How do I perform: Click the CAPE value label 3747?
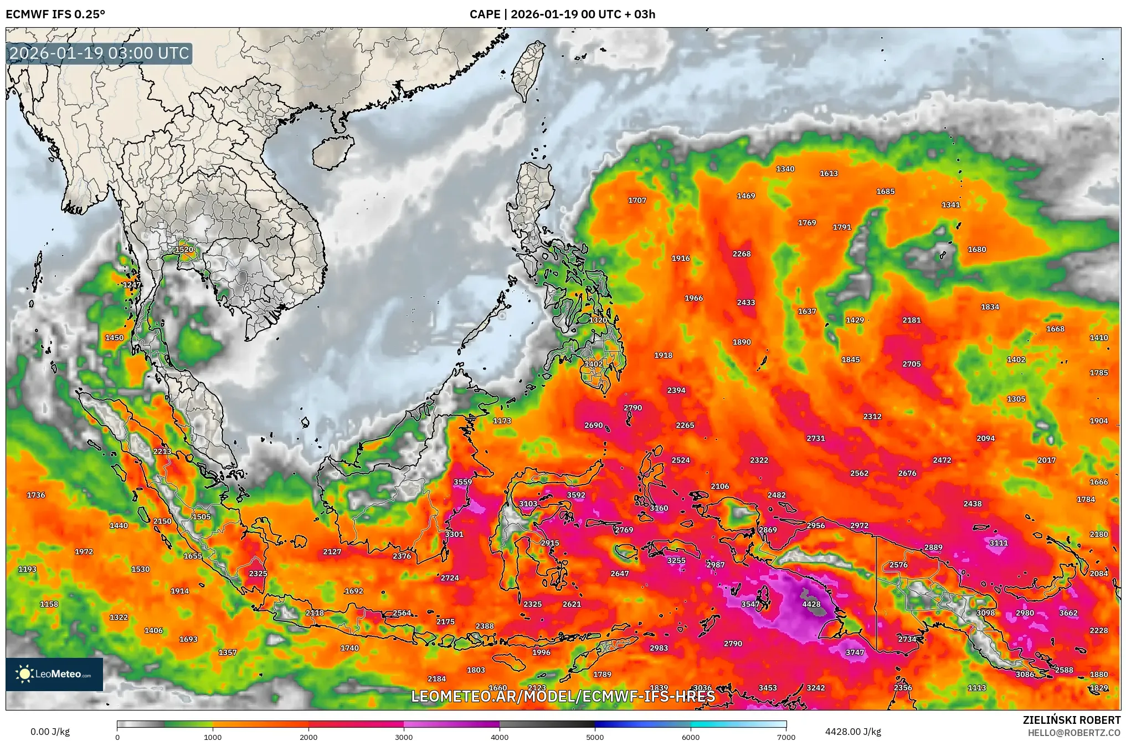[x=855, y=652]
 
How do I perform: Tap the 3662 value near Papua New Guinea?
[x=1068, y=613]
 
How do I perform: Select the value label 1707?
[x=637, y=200]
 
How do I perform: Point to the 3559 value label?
[x=463, y=482]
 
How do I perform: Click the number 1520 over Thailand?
[x=184, y=249]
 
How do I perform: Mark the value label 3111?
[x=999, y=543]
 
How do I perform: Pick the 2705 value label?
[x=912, y=364]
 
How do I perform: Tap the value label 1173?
[x=502, y=421]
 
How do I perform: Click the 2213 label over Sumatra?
[x=162, y=451]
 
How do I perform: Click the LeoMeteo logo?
[x=54, y=674]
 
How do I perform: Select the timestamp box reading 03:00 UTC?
[x=100, y=54]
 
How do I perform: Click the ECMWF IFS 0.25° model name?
[x=55, y=14]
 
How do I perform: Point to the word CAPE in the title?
[x=485, y=14]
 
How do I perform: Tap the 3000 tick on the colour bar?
[x=404, y=737]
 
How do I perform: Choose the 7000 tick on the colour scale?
[x=786, y=737]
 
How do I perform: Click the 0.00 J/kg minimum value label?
[x=50, y=732]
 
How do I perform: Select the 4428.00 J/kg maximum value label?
[x=853, y=732]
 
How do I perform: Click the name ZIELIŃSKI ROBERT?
[x=1072, y=720]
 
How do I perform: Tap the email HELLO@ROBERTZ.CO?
[x=1074, y=733]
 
